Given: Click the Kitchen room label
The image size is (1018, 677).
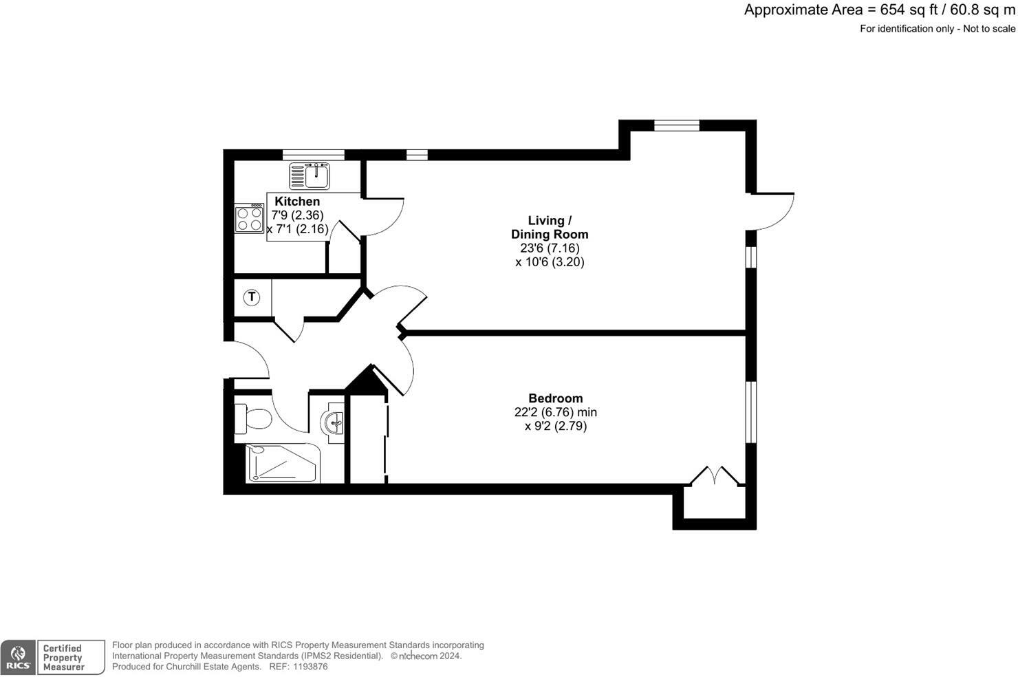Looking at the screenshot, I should [297, 201].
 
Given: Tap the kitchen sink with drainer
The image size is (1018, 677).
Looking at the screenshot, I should [310, 176].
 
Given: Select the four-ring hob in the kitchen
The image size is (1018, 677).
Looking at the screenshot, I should [249, 219].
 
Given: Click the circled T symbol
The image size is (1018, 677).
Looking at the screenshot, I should [252, 297].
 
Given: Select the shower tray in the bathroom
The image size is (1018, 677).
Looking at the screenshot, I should [283, 463].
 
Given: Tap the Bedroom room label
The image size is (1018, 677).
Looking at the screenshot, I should [555, 398].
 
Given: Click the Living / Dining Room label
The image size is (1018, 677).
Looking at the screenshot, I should [550, 227].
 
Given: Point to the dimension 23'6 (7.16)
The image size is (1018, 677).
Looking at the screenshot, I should [550, 248].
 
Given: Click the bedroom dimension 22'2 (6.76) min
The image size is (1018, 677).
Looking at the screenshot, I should [555, 412].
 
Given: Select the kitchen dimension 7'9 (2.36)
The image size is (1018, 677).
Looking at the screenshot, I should [297, 215].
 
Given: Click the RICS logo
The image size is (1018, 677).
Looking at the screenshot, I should [18, 658].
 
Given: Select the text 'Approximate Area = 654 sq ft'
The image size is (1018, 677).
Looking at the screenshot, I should [811, 10].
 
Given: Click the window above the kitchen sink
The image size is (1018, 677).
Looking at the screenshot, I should [313, 154].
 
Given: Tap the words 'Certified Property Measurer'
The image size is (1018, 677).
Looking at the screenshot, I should [63, 658].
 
